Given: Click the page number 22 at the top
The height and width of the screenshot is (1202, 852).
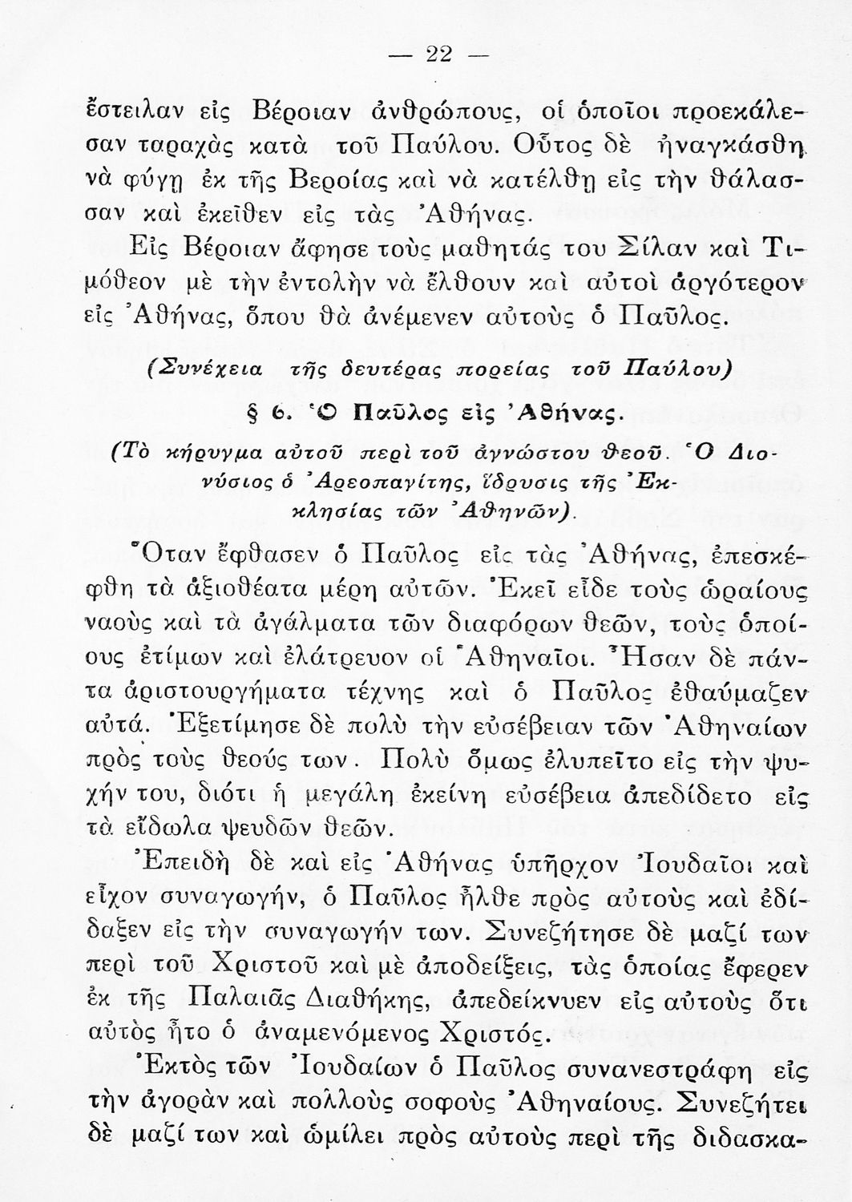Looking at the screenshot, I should tap(439, 54).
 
